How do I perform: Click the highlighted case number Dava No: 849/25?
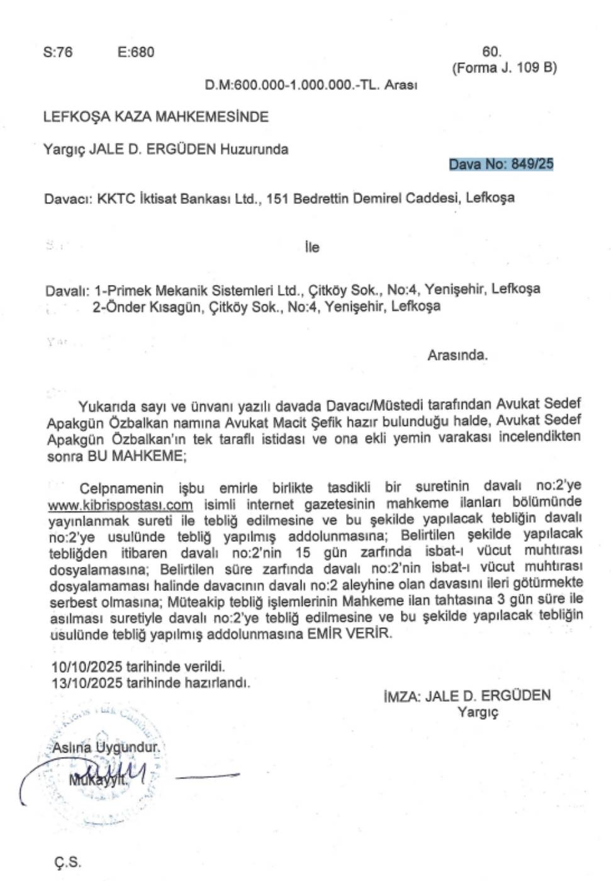(x=501, y=164)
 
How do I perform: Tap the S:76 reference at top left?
(x=58, y=52)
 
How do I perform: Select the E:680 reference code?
(x=135, y=52)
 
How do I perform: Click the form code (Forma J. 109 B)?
(x=504, y=68)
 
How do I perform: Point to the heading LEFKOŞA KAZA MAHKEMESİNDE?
(x=155, y=117)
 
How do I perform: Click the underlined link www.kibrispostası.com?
(x=120, y=505)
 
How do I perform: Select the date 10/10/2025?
(x=87, y=666)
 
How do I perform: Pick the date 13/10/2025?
(x=87, y=683)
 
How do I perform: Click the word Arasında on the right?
(x=457, y=355)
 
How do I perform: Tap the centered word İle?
(x=312, y=247)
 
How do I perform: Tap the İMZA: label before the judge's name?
(x=401, y=696)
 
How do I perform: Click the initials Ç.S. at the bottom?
(x=67, y=861)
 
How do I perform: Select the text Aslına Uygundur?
(x=106, y=748)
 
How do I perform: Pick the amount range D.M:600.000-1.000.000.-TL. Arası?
(x=311, y=85)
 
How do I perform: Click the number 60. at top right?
(x=491, y=52)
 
